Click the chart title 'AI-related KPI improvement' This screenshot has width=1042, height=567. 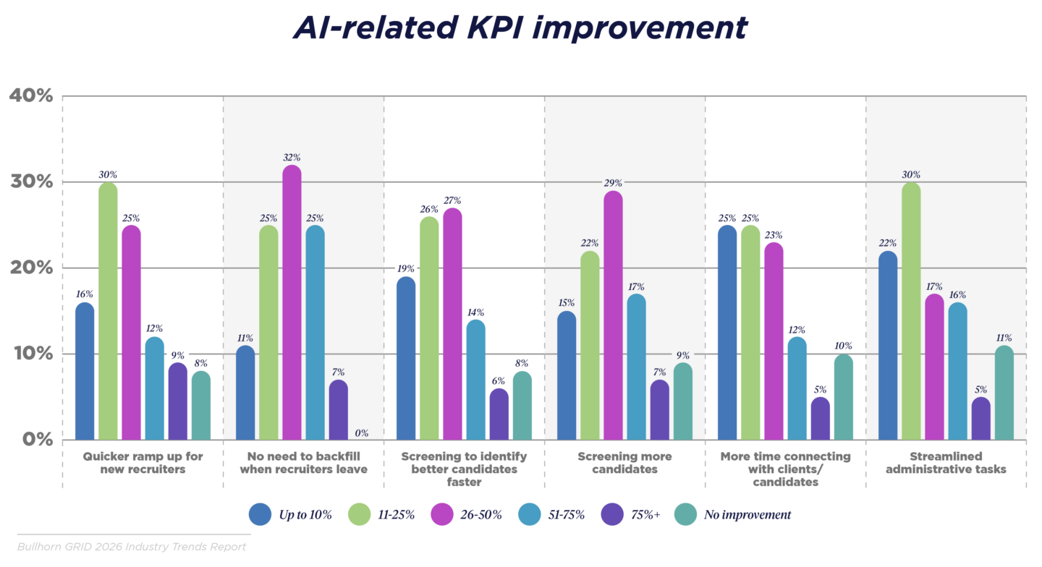(x=520, y=27)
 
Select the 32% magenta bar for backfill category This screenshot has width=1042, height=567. (x=292, y=304)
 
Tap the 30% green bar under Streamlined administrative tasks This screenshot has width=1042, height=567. (x=911, y=311)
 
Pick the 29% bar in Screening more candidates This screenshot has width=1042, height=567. (x=614, y=316)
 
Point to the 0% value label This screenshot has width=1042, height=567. (x=362, y=433)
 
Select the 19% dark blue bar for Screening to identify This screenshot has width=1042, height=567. (x=406, y=359)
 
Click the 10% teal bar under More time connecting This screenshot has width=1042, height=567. (x=843, y=398)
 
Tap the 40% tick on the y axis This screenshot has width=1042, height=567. (x=30, y=95)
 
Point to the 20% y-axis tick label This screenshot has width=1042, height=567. (x=30, y=268)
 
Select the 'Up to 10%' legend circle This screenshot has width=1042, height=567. (x=260, y=515)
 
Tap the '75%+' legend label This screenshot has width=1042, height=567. (x=646, y=515)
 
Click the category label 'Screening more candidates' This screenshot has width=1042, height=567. (x=624, y=463)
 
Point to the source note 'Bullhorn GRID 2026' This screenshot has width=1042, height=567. (x=132, y=547)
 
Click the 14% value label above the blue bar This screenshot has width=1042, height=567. (x=475, y=312)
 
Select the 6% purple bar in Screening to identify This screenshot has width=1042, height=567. (x=499, y=414)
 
